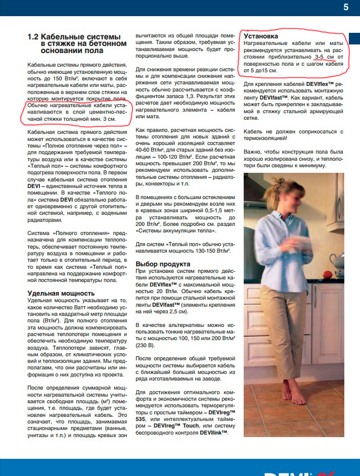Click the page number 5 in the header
pyautogui.click(x=346, y=8)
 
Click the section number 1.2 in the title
pyautogui.click(x=33, y=37)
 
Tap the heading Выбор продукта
pyautogui.click(x=163, y=264)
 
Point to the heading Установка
pyautogui.click(x=261, y=36)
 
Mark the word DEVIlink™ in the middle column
pyautogui.click(x=214, y=433)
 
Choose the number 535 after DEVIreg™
pyautogui.click(x=143, y=419)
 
